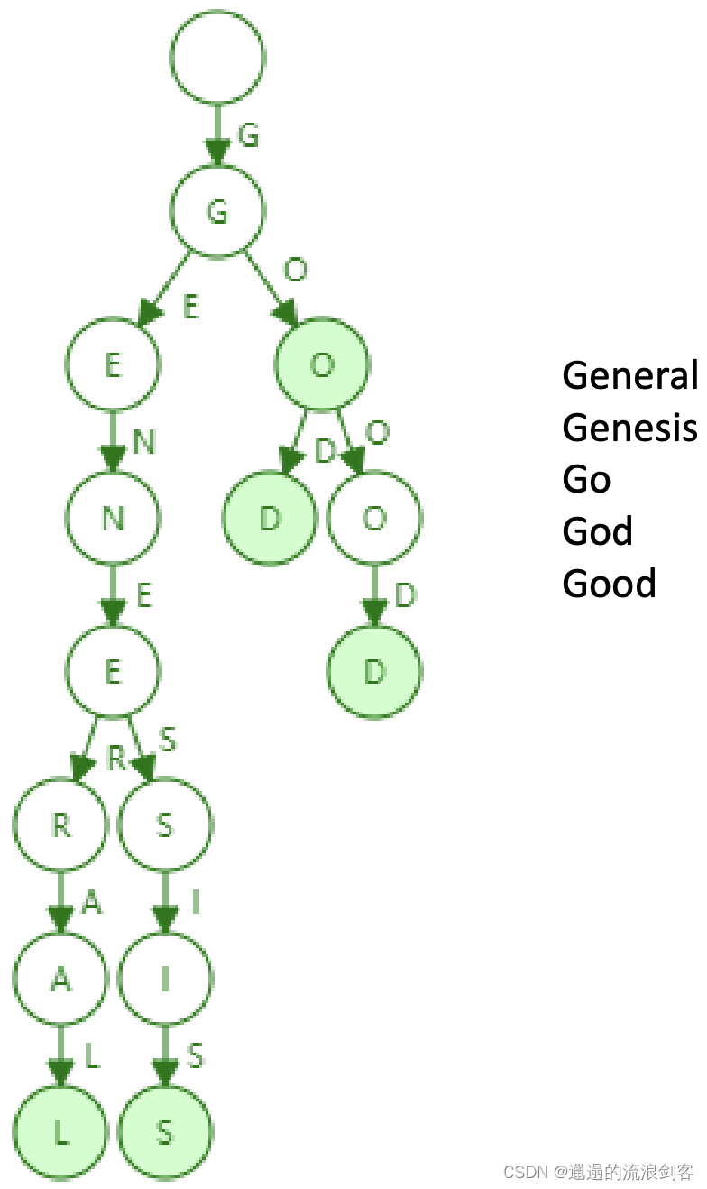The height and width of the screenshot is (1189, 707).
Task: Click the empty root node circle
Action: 217,57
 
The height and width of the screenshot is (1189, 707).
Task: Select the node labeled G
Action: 217,211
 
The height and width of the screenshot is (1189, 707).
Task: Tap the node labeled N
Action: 113,519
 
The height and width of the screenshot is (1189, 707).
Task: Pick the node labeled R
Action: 60,825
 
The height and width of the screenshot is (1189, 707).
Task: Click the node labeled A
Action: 60,980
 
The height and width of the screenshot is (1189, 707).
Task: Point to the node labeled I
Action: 165,980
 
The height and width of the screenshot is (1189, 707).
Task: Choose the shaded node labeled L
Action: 60,1133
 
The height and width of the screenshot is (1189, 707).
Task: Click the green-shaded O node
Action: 322,365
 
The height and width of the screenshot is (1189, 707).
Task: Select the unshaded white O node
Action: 374,519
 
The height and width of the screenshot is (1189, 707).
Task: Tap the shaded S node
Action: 165,1133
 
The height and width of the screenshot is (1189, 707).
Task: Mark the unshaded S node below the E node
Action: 165,825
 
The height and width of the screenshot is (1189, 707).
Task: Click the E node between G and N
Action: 113,365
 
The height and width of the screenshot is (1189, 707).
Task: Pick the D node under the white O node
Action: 374,672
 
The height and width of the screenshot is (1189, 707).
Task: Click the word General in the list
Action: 629,375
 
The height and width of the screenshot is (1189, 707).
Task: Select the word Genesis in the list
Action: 629,428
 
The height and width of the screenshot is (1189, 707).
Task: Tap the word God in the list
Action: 597,531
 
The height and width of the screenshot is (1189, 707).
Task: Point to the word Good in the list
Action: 609,584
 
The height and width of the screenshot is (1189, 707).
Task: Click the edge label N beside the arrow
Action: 143,442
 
